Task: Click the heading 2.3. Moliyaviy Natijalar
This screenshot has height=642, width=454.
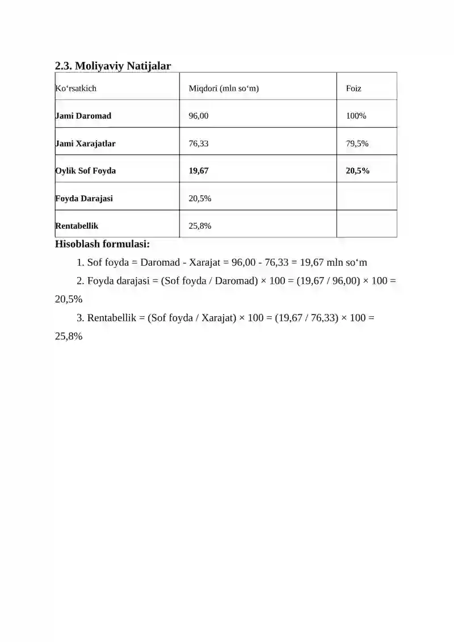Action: click(112, 66)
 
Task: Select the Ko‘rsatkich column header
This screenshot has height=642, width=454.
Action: click(75, 89)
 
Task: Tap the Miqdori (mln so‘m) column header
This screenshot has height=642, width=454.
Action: click(224, 89)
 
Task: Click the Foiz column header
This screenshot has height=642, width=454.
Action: click(354, 89)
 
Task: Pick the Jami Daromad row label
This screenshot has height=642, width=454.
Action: click(83, 116)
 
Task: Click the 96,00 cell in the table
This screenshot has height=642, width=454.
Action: click(199, 116)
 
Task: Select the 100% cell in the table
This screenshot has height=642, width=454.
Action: click(356, 116)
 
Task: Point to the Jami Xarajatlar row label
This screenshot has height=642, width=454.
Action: click(85, 144)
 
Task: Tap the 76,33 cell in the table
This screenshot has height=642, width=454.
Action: click(199, 144)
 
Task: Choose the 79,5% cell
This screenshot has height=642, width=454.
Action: click(357, 144)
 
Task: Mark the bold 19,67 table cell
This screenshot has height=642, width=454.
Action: click(199, 171)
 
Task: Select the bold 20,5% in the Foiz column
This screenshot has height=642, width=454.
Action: click(358, 171)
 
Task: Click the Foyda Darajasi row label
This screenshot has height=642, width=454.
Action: click(84, 199)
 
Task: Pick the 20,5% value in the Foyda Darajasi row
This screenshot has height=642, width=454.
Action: click(200, 199)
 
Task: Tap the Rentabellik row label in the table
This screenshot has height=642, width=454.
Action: click(77, 226)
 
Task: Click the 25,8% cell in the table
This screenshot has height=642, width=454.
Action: click(200, 226)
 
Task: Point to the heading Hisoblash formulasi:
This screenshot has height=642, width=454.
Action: click(102, 245)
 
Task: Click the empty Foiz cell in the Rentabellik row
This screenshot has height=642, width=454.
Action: click(366, 224)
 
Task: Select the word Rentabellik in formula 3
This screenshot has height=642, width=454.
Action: click(112, 318)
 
